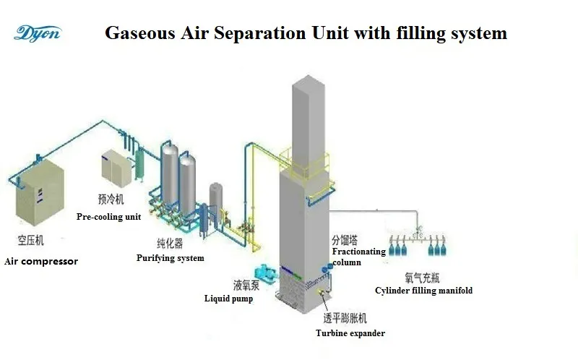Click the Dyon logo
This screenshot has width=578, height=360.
[x=38, y=33]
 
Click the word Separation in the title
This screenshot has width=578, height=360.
[x=259, y=33]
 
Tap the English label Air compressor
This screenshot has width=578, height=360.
[x=41, y=262]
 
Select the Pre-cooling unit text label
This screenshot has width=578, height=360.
[x=109, y=217]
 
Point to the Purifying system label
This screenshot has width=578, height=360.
[x=171, y=258]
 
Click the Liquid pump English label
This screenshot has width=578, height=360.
[x=228, y=299]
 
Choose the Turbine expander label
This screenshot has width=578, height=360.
[x=350, y=333]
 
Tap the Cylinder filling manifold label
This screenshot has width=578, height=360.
[x=423, y=291]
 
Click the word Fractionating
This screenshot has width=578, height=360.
[x=358, y=252]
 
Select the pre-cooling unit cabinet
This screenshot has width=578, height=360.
[x=116, y=168]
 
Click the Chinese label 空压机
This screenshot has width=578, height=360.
[x=31, y=241]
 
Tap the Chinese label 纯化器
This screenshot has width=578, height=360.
[x=170, y=243]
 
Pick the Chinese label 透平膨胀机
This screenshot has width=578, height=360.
[x=345, y=318]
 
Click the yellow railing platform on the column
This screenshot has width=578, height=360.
[x=304, y=165]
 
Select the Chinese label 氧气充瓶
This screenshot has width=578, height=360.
[x=423, y=278]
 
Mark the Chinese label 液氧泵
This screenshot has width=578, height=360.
[x=246, y=285]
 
